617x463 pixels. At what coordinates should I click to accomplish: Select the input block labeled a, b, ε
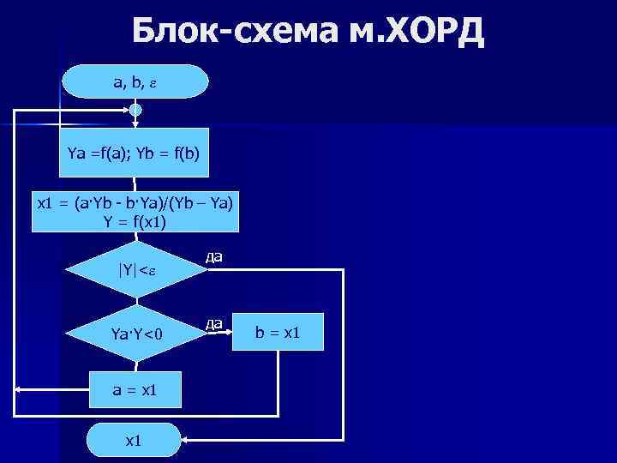pyautogui.click(x=135, y=82)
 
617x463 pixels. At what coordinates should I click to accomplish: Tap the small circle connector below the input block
pyautogui.click(x=135, y=110)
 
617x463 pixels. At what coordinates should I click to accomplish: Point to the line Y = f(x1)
pyautogui.click(x=135, y=222)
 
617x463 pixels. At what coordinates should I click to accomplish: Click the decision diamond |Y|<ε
pyautogui.click(x=135, y=273)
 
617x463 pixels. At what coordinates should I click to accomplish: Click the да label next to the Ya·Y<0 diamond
pyautogui.click(x=214, y=322)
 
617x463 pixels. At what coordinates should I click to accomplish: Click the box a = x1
pyautogui.click(x=135, y=390)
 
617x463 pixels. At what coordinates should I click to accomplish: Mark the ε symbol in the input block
pyautogui.click(x=153, y=83)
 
